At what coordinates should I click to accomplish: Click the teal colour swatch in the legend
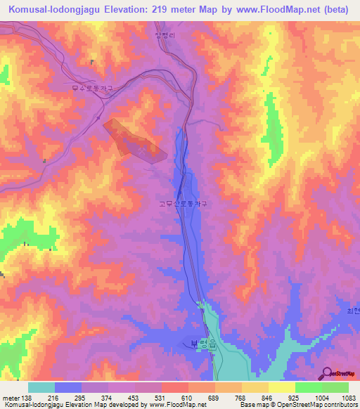(41, 387)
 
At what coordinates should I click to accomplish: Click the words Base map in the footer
(252, 405)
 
